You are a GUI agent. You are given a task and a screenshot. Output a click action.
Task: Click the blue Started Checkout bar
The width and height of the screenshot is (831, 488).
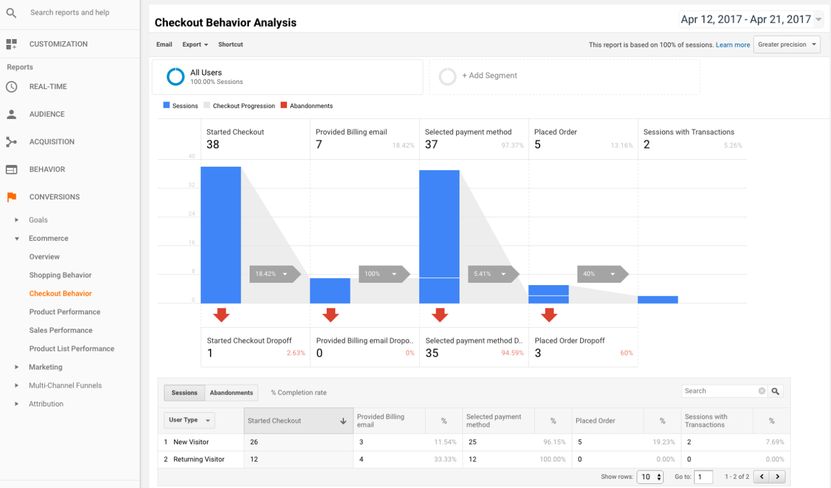click(x=220, y=235)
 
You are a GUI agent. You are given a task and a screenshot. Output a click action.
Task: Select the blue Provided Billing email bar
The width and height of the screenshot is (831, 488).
click(x=329, y=291)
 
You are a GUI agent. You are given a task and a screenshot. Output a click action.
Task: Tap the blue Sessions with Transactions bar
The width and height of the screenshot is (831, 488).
click(x=657, y=300)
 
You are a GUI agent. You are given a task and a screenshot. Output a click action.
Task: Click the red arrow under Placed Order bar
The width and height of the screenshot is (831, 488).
click(x=549, y=315)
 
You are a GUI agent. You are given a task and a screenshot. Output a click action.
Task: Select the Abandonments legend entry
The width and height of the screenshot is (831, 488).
click(x=307, y=106)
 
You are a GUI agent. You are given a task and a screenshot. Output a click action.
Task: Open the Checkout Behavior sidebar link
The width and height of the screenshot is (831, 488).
click(x=60, y=293)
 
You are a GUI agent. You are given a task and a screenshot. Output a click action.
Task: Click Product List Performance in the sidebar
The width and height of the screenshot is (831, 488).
click(x=72, y=349)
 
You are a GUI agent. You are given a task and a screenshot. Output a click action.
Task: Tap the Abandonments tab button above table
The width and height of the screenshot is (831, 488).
click(x=232, y=393)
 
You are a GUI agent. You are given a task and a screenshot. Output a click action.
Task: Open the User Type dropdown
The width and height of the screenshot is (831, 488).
click(x=190, y=420)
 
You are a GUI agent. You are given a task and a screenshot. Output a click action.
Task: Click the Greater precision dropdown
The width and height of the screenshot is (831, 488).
click(x=787, y=45)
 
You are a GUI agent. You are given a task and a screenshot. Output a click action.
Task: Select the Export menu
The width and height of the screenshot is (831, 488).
click(x=195, y=45)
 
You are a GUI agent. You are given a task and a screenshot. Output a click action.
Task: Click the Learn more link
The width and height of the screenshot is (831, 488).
click(x=732, y=45)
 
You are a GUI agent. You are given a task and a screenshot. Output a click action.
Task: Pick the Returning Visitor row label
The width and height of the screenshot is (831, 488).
click(x=198, y=459)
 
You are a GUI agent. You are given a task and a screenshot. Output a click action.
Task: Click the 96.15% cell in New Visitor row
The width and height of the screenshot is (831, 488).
click(x=553, y=443)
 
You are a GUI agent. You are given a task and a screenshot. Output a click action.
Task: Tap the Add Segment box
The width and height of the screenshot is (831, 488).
click(x=564, y=76)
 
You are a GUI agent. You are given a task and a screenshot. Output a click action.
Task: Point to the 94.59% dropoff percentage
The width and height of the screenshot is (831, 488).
click(x=512, y=353)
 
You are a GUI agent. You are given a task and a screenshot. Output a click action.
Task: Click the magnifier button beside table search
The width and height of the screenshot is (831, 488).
click(x=775, y=391)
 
